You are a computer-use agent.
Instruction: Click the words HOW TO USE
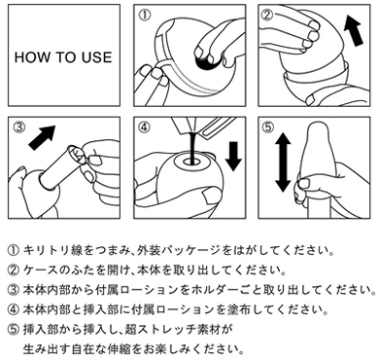63,57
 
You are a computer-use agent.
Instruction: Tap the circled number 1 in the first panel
145,16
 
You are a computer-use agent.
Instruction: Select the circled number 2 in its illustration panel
267,15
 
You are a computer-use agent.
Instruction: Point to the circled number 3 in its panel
18,127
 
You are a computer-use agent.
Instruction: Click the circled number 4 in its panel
145,127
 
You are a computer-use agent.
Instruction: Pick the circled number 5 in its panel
267,127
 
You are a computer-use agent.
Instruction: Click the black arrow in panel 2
353,31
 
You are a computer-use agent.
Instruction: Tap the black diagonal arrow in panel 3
42,137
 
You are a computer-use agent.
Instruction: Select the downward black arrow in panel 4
233,157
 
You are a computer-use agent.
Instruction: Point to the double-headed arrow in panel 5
283,162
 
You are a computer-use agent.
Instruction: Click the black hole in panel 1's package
206,62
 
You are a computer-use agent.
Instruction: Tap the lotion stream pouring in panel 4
193,147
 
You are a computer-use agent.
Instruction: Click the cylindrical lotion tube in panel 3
59,167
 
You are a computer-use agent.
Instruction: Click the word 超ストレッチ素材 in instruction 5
178,330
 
